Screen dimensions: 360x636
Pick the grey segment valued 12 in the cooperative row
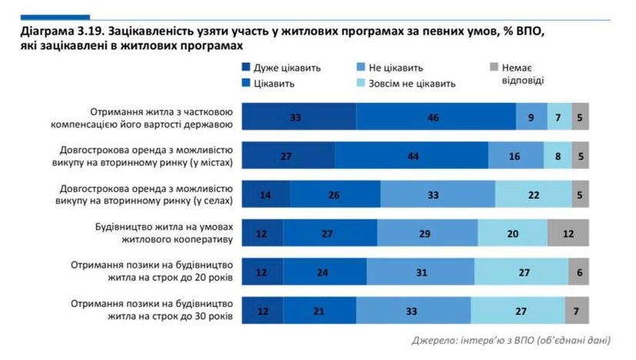click(x=568, y=233)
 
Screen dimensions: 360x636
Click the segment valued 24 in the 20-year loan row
click(x=323, y=272)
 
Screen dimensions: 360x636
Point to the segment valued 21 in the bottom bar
click(x=319, y=311)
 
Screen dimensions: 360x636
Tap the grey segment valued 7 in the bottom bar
click(x=577, y=311)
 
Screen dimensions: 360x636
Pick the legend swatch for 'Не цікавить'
click(x=361, y=68)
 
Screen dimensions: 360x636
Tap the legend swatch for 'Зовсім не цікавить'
click(x=361, y=83)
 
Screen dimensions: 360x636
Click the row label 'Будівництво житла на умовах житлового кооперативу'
click(x=157, y=233)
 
